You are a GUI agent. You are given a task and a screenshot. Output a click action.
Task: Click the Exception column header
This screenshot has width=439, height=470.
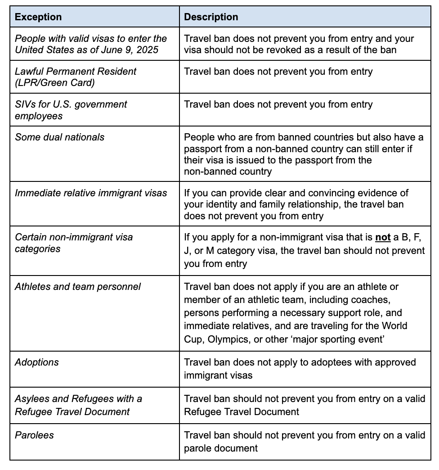pyautogui.click(x=38, y=17)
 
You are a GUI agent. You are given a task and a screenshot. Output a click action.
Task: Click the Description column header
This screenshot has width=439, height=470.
pyautogui.click(x=211, y=17)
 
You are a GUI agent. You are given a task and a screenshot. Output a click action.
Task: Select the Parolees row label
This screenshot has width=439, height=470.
pyautogui.click(x=34, y=435)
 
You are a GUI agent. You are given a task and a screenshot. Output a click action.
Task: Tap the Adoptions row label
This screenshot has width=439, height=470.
pyautogui.click(x=37, y=362)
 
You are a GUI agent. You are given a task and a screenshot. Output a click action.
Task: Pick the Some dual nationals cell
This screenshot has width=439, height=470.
pyautogui.click(x=59, y=137)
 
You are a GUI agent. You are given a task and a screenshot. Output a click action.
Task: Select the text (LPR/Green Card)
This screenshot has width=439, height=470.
pyautogui.click(x=54, y=83)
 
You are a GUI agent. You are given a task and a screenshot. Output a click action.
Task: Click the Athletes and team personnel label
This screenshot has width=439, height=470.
pyautogui.click(x=78, y=287)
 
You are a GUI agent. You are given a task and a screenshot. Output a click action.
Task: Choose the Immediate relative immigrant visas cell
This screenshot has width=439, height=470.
pyautogui.click(x=91, y=193)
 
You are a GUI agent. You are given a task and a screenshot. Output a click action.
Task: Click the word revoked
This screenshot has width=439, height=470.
pyautogui.click(x=282, y=50)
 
